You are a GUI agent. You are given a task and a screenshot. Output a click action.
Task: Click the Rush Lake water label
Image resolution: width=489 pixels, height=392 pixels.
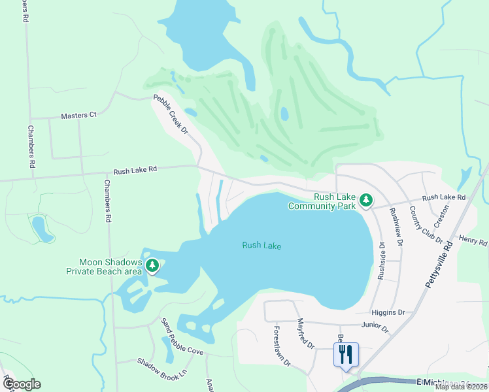click(261, 246)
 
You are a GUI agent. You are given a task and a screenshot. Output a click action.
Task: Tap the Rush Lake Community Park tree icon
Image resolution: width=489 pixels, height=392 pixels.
click(367, 199)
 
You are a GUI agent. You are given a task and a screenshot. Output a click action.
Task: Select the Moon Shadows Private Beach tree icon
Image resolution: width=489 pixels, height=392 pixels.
click(152, 265)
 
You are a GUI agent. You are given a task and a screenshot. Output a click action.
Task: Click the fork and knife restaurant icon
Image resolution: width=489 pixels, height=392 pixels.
click(346, 355)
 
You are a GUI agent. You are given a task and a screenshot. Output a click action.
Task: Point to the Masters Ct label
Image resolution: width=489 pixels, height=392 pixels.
click(78, 115)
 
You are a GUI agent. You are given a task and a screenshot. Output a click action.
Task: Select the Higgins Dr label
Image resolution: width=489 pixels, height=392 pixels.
click(388, 312)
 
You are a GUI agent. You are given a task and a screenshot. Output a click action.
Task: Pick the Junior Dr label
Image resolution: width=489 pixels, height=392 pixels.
click(375, 325)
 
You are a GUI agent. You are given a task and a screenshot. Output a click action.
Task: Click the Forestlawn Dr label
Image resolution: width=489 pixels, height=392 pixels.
click(282, 346)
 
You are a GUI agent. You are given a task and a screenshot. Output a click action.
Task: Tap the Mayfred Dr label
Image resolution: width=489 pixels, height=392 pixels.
click(306, 333)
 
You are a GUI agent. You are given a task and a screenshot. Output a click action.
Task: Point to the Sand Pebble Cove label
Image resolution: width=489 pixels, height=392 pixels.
click(182, 336)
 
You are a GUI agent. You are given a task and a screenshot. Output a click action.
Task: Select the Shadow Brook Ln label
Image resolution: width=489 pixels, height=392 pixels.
click(161, 370)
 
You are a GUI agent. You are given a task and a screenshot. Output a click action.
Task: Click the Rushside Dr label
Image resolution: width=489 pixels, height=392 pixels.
click(382, 260)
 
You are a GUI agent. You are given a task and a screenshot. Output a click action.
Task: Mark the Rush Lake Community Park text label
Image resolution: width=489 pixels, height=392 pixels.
click(324, 201)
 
